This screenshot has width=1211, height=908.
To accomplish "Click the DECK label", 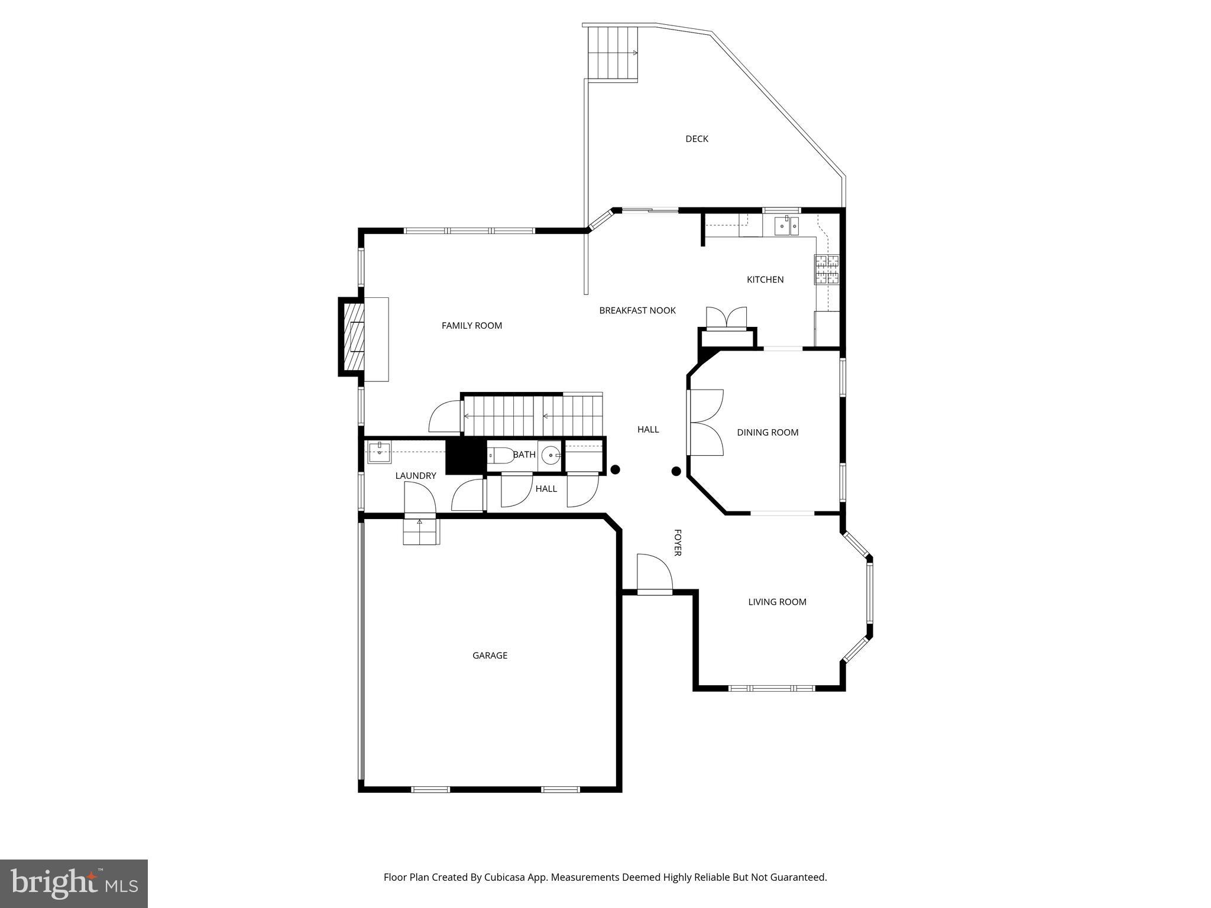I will coord(697,139).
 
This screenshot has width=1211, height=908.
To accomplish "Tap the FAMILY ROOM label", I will coord(471,326).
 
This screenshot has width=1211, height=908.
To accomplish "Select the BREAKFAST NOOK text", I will coord(637,310).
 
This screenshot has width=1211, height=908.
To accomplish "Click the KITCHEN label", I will coord(765,280).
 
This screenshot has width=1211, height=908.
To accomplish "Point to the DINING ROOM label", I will coord(767,433).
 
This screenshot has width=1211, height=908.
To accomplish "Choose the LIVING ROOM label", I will coord(777,602).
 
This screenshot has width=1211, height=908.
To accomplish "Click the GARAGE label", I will coord(490,655).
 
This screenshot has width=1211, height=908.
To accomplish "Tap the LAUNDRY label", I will coord(415,476).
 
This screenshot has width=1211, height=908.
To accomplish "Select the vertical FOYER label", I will coord(678,543).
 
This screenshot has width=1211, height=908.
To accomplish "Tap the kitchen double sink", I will coord(786,225).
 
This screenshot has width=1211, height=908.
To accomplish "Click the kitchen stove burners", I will coord(827,269).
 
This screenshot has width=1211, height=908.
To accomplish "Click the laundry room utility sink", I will coord(379,452).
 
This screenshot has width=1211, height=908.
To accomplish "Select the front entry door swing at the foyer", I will coord(654,572).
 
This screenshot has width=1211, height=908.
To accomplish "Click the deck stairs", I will coord(613,53).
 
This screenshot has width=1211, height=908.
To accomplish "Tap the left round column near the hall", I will coord(615,470).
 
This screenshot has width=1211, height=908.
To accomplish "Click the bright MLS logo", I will coord(74,884).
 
